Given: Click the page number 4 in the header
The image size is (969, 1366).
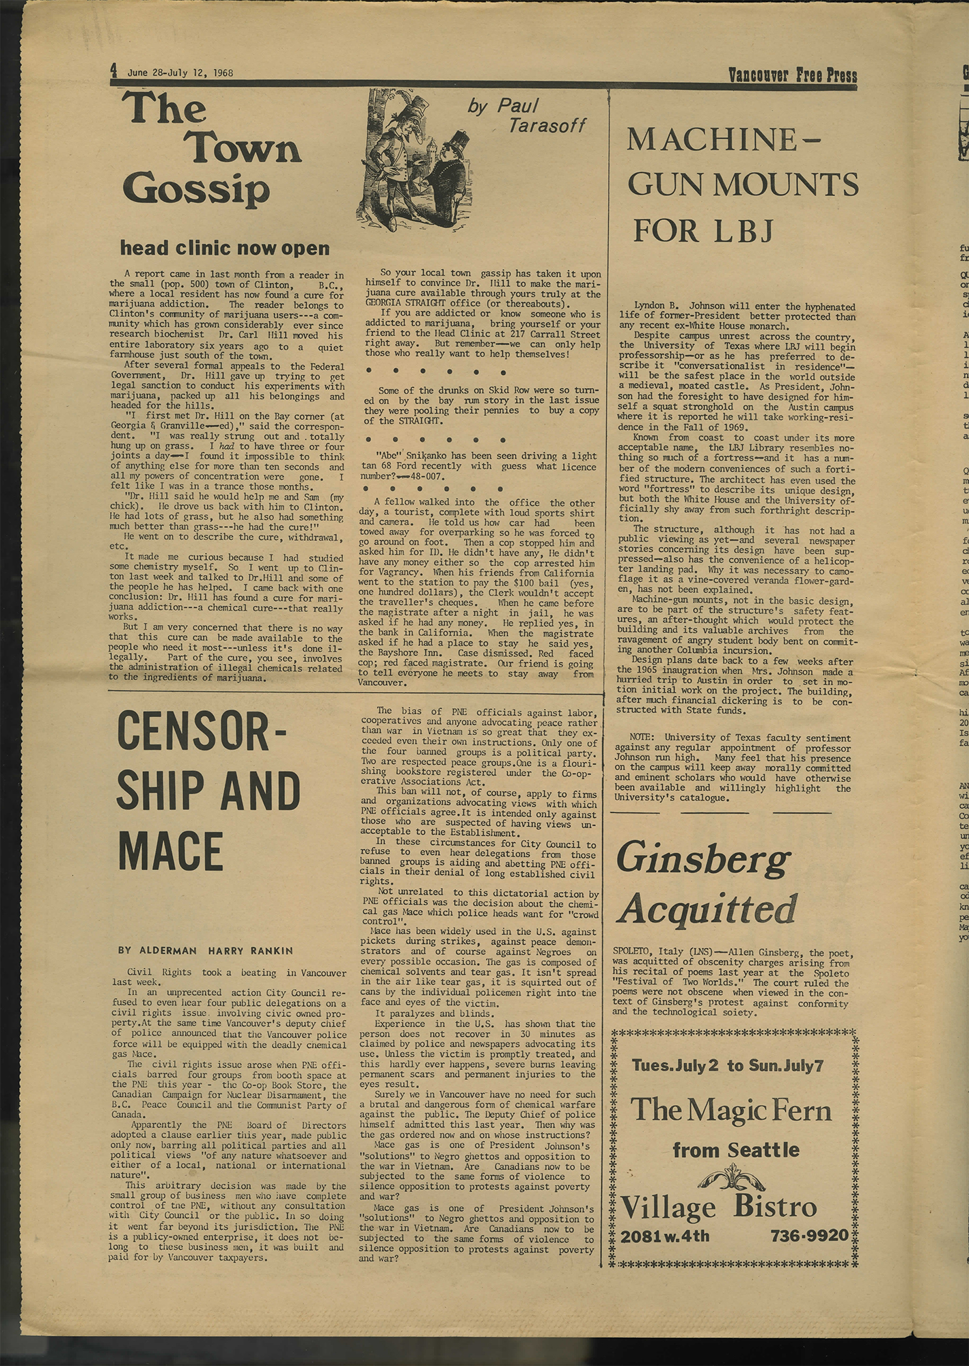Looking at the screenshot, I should click(114, 70).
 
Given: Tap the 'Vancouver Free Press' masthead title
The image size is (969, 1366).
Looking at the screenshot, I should click(792, 74).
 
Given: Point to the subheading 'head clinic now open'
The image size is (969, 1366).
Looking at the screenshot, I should click(225, 248).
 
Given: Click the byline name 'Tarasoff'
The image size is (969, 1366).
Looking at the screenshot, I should click(547, 125).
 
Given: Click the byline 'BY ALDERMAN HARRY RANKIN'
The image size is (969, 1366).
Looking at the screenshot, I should click(206, 950).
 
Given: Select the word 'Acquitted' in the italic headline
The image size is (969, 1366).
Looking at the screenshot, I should click(709, 909).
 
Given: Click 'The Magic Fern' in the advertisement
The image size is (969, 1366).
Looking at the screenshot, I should click(731, 1110).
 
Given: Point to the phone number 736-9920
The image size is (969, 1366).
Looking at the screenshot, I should click(809, 1236).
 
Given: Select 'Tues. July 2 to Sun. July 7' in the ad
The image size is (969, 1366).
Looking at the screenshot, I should click(728, 1065).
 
